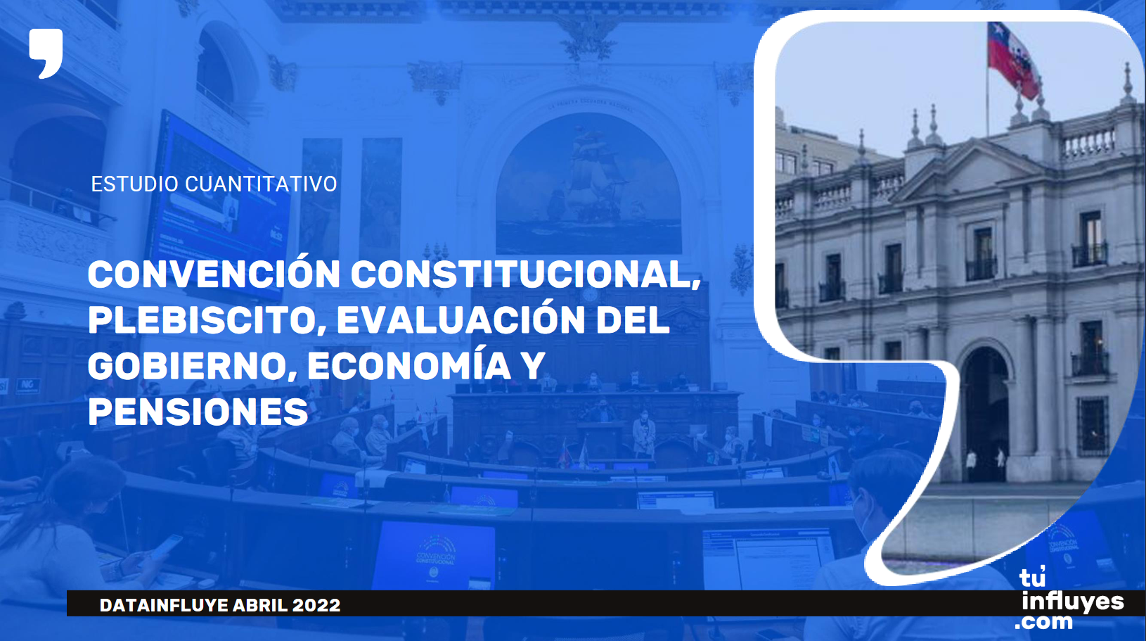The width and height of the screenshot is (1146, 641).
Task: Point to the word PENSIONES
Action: point(198,412)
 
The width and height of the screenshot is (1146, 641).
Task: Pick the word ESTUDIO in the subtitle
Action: point(134,184)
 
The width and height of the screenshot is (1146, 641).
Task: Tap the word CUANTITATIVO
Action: point(261,184)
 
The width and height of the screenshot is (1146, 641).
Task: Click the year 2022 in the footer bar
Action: point(316,605)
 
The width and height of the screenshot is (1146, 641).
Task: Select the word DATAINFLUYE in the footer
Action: point(164,605)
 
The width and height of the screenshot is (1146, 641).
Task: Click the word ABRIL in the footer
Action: point(260,605)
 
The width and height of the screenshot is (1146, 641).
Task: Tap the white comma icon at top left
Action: point(46,53)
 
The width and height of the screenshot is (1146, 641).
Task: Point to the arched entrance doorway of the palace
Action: point(986,414)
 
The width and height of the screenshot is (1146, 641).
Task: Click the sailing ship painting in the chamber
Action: point(588,184)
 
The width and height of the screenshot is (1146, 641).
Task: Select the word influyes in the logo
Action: point(1073,602)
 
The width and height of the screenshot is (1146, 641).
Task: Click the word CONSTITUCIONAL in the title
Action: point(526,274)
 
